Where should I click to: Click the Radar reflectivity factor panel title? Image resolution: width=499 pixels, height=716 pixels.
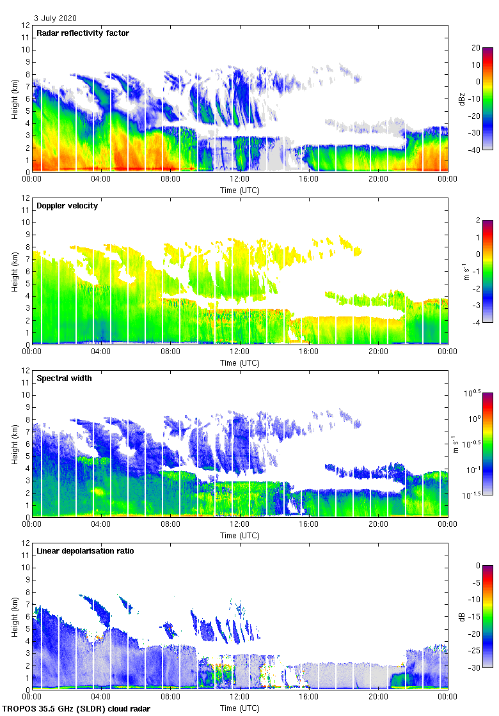click(83, 33)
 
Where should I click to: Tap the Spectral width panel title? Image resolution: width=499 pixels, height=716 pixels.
click(64, 378)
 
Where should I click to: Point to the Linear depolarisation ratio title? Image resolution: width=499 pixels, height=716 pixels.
click(85, 550)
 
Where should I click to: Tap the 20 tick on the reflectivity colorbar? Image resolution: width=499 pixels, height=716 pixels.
click(476, 48)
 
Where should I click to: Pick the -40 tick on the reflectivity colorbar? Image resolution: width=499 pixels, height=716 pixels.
click(476, 150)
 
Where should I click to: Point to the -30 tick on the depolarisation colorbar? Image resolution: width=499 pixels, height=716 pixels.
click(476, 668)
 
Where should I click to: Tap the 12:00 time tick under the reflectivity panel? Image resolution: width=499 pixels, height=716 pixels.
click(240, 179)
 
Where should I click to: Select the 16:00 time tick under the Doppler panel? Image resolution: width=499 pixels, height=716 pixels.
click(309, 352)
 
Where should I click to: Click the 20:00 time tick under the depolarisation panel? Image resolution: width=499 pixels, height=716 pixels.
click(378, 697)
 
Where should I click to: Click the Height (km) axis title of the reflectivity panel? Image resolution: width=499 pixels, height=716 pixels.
click(14, 98)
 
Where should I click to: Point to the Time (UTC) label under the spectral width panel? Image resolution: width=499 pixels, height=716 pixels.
click(240, 535)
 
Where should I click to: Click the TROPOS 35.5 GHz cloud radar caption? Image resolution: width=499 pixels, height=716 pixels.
click(77, 709)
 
